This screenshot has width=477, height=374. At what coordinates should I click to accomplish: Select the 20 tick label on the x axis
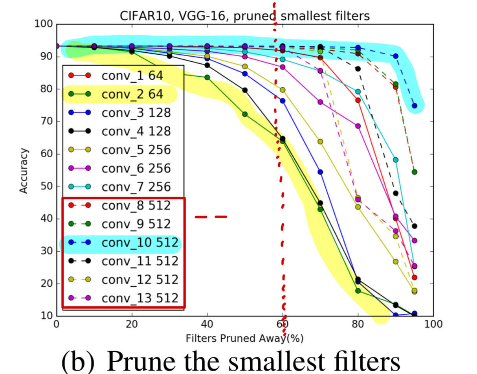[x=132, y=325]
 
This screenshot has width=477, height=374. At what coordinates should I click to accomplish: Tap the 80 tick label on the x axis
[x=358, y=325]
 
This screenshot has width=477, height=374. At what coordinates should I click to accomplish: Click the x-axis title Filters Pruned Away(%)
[x=245, y=337]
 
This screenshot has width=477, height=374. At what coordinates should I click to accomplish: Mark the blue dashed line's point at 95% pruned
[x=415, y=106]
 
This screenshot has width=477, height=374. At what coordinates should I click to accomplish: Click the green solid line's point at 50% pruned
[x=245, y=114]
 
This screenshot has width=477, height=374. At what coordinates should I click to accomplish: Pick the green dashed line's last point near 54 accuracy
[x=415, y=172]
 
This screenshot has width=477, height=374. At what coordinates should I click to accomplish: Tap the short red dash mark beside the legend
[x=211, y=216]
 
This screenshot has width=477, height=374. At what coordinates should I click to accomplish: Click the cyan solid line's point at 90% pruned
[x=396, y=160]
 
